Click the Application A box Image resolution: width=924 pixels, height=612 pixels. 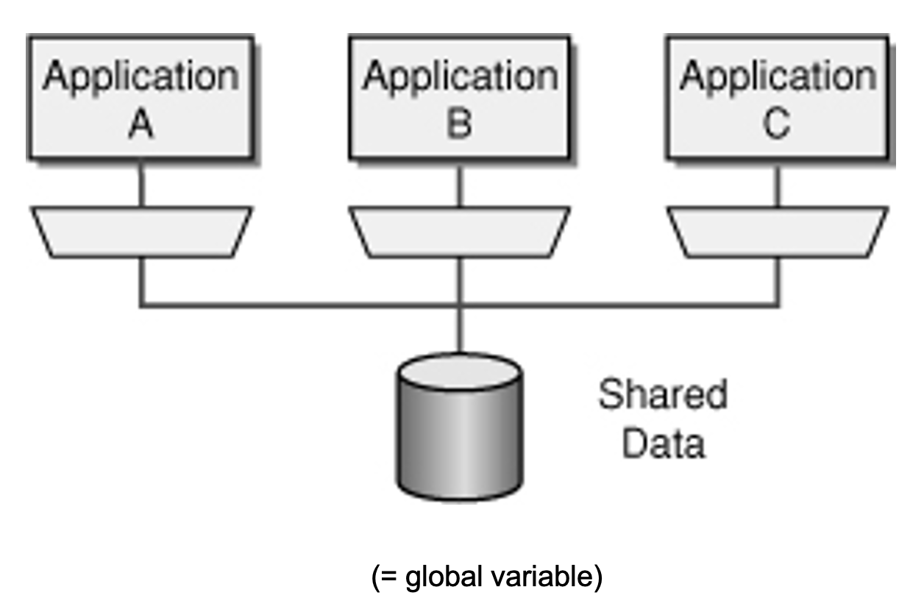[x=141, y=97]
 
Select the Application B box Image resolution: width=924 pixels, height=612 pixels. [x=459, y=97]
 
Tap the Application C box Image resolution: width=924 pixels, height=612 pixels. [x=777, y=97]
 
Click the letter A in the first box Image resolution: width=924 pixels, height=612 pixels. [x=141, y=125]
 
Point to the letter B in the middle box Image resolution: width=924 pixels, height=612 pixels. [x=459, y=125]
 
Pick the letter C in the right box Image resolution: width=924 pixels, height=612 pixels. [x=777, y=125]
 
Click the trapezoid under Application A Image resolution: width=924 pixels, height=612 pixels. [x=141, y=232]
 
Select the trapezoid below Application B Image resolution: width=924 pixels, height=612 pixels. [x=459, y=232]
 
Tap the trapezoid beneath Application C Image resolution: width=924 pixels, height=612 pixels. [x=777, y=232]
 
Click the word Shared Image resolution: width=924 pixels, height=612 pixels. [x=662, y=395]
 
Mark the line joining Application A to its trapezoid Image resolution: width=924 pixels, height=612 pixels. [x=141, y=184]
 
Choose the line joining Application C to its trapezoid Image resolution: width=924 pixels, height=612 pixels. [x=777, y=184]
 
